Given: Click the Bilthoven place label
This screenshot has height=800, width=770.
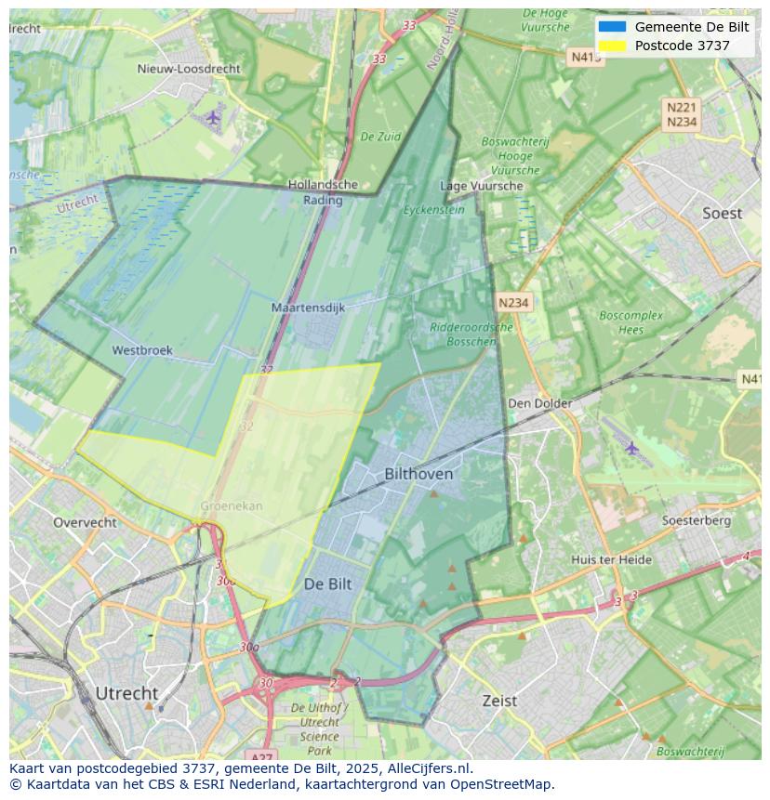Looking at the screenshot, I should click(418, 474).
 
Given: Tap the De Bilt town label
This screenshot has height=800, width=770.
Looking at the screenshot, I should click(327, 584).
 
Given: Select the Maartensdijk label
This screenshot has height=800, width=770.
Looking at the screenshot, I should click(308, 308).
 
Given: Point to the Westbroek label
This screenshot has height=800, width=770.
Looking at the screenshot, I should click(142, 350).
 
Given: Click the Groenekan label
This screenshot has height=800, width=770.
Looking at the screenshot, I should click(232, 506).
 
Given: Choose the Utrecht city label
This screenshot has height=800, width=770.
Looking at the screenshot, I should click(126, 693).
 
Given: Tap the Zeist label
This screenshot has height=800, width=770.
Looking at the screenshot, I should click(499, 701).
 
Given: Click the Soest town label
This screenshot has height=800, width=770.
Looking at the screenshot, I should click(722, 214).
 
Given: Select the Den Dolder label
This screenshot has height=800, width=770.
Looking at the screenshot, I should click(539, 403).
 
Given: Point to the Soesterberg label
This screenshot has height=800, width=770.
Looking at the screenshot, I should click(696, 520).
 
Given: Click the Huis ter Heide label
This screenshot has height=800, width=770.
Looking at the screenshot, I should click(611, 559).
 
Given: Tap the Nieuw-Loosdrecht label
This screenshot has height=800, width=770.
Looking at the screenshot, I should click(189, 69).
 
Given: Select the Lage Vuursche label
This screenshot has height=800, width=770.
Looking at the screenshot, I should click(481, 186).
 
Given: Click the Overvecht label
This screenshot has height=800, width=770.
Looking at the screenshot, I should click(85, 522).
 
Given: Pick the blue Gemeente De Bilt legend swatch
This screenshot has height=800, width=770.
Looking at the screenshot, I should click(612, 27).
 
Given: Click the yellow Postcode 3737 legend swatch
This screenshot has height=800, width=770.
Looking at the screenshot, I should click(612, 46).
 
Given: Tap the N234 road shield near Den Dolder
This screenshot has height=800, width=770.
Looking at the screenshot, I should click(513, 303).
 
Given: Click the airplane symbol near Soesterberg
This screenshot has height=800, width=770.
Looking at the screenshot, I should click(632, 448).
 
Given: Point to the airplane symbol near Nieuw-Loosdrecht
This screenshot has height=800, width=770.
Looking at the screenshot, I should click(213, 117).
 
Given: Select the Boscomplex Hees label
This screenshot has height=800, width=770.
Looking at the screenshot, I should click(631, 322).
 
